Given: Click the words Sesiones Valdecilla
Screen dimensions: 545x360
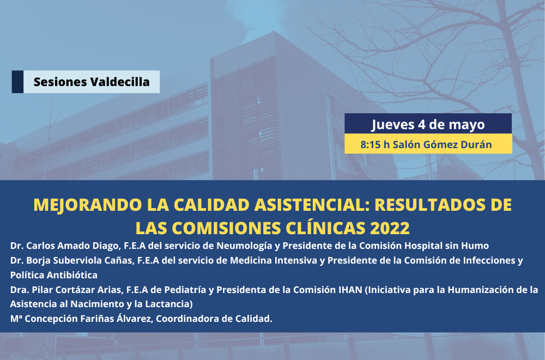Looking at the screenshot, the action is point(92,82).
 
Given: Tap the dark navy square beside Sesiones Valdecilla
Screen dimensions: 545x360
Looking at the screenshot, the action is point(17,82).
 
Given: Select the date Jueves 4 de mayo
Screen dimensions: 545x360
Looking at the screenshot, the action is point(428,124).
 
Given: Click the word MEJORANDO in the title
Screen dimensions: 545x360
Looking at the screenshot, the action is point(88,205).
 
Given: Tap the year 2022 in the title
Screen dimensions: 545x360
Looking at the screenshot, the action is point(390,228).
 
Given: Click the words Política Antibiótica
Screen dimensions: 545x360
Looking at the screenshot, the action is point(53,275).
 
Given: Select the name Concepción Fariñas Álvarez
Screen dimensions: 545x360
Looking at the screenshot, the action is point(89,318).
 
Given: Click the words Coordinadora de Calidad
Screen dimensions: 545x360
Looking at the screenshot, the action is point(214,318).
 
